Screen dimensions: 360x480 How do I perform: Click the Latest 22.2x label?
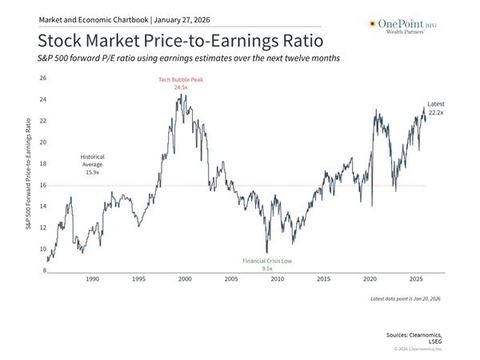(x=435, y=109)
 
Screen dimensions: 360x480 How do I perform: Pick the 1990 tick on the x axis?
(x=92, y=279)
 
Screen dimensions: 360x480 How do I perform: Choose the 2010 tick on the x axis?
(x=277, y=279)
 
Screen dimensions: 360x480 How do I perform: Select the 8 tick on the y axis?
(x=44, y=271)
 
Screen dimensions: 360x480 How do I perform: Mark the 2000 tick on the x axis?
(x=184, y=279)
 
